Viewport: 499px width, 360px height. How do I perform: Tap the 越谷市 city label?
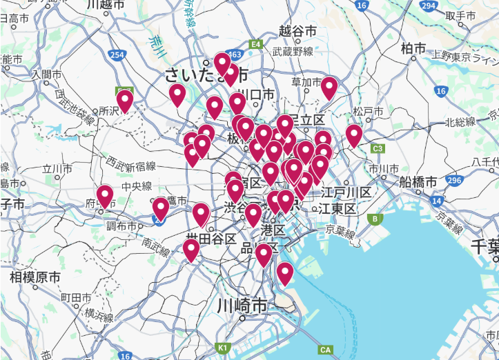click(x=297, y=31)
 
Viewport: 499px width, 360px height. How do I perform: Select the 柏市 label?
click(x=413, y=48)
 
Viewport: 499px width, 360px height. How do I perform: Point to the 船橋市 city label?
click(x=418, y=183)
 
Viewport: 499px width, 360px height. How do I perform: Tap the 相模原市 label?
click(x=35, y=277)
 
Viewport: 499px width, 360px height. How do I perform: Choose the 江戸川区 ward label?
click(x=345, y=192)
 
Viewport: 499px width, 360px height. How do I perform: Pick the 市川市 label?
click(x=384, y=168)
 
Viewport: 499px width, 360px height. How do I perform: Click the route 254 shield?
click(x=117, y=54)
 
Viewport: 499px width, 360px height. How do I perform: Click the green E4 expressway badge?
click(x=256, y=44)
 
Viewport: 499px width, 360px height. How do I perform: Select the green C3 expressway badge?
click(x=378, y=148)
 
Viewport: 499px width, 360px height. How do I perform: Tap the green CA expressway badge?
click(x=326, y=350)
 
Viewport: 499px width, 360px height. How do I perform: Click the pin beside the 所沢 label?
click(x=124, y=101)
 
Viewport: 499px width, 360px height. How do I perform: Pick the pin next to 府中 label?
click(x=105, y=196)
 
